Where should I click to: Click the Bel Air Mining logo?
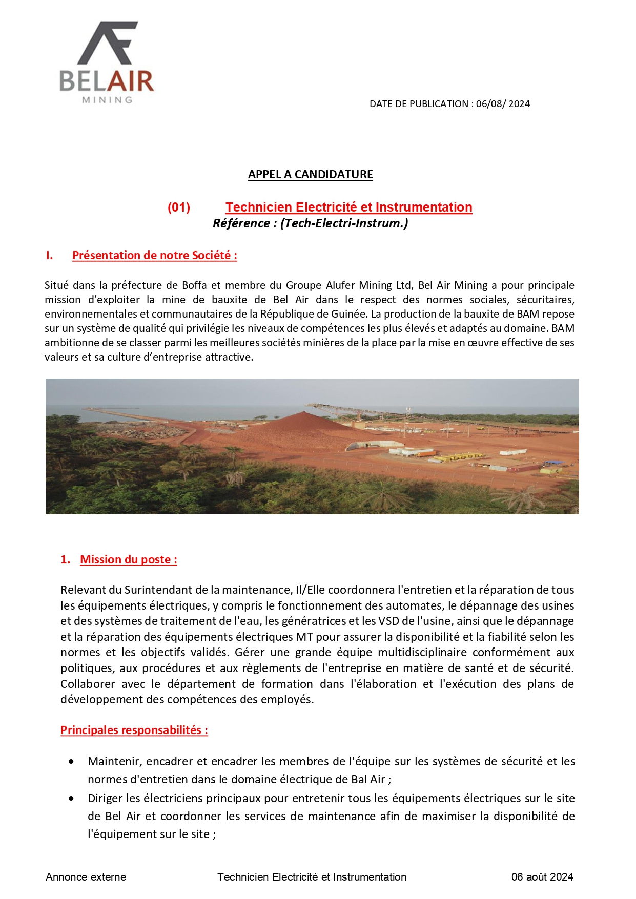(x=107, y=62)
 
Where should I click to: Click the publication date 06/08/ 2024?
(x=503, y=104)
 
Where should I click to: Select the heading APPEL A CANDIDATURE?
(x=310, y=175)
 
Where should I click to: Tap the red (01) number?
(x=179, y=207)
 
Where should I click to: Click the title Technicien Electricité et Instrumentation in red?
(x=348, y=207)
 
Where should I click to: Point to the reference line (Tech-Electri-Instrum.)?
(x=310, y=223)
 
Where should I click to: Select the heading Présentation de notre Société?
(x=154, y=256)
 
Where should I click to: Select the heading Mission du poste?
(x=128, y=560)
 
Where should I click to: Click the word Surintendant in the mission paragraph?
(x=158, y=590)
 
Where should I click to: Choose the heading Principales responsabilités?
(x=134, y=730)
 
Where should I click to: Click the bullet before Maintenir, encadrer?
(x=71, y=762)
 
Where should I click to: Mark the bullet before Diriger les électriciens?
(x=71, y=799)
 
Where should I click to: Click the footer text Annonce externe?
(x=86, y=877)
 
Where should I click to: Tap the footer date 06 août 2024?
(x=542, y=877)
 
